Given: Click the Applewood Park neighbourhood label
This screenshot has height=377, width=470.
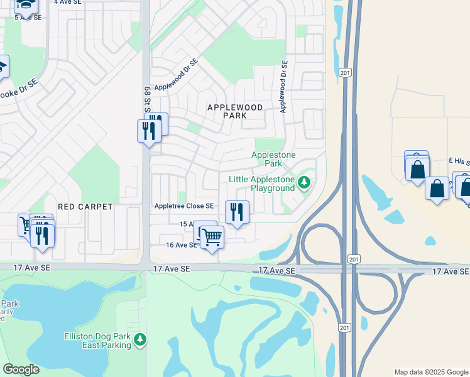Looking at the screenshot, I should [x=235, y=112].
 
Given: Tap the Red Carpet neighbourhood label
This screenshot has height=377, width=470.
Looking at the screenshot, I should [x=85, y=206].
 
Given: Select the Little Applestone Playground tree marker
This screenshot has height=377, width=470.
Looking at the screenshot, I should [x=304, y=182].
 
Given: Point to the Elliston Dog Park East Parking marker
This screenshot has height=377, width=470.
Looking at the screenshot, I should [x=140, y=340].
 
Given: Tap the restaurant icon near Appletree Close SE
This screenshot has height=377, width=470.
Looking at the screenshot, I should [x=237, y=212].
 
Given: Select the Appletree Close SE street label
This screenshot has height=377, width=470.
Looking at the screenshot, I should [x=184, y=206].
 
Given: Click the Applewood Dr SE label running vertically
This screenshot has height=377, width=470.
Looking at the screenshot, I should [x=284, y=87].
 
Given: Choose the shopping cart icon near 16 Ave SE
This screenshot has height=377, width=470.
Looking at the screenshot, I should [x=212, y=237].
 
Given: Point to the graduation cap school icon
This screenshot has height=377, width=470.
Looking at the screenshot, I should [x=25, y=5].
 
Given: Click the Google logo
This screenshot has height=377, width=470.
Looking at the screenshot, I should [x=21, y=369].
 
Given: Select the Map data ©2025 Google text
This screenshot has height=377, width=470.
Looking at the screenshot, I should [x=431, y=372].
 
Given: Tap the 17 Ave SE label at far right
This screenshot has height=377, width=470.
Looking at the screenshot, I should [x=450, y=271].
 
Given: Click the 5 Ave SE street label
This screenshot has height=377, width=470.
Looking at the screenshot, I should [x=28, y=17].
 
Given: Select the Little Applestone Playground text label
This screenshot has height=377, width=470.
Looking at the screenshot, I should [x=261, y=183].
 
